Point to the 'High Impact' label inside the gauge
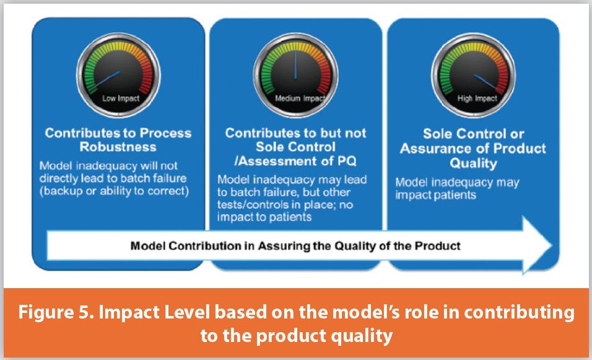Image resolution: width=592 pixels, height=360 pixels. pyautogui.click(x=473, y=98)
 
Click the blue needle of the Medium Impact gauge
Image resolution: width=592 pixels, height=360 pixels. pyautogui.click(x=296, y=63)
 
